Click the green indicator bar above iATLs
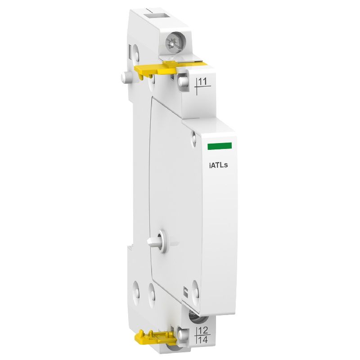pos(219,146)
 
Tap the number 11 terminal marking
pos(203,81)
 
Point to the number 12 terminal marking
pos(203,332)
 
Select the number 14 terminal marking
pos(203,340)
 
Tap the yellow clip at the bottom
pos(156,335)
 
